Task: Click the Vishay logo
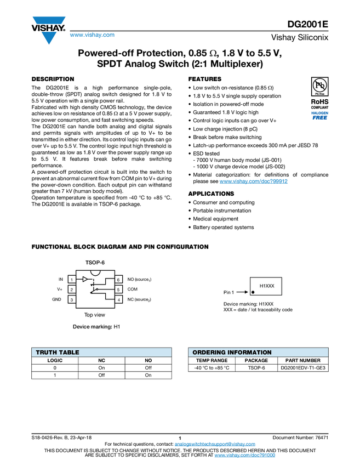(49, 30)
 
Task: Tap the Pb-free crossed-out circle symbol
(320, 85)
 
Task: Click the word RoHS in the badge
(320, 101)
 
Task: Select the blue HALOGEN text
(320, 112)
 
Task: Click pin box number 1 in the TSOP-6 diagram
(71, 280)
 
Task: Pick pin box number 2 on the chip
(71, 289)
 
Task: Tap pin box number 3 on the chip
(71, 299)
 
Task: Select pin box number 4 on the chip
(118, 299)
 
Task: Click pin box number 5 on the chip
(118, 289)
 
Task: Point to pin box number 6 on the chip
(118, 280)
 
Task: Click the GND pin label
(57, 299)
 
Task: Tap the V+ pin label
(59, 289)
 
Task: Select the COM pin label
(133, 289)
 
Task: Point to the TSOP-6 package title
(95, 262)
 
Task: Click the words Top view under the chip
(95, 315)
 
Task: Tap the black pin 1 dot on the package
(253, 292)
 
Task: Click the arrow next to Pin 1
(242, 292)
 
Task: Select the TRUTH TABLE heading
(58, 353)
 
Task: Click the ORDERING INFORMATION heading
(232, 353)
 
